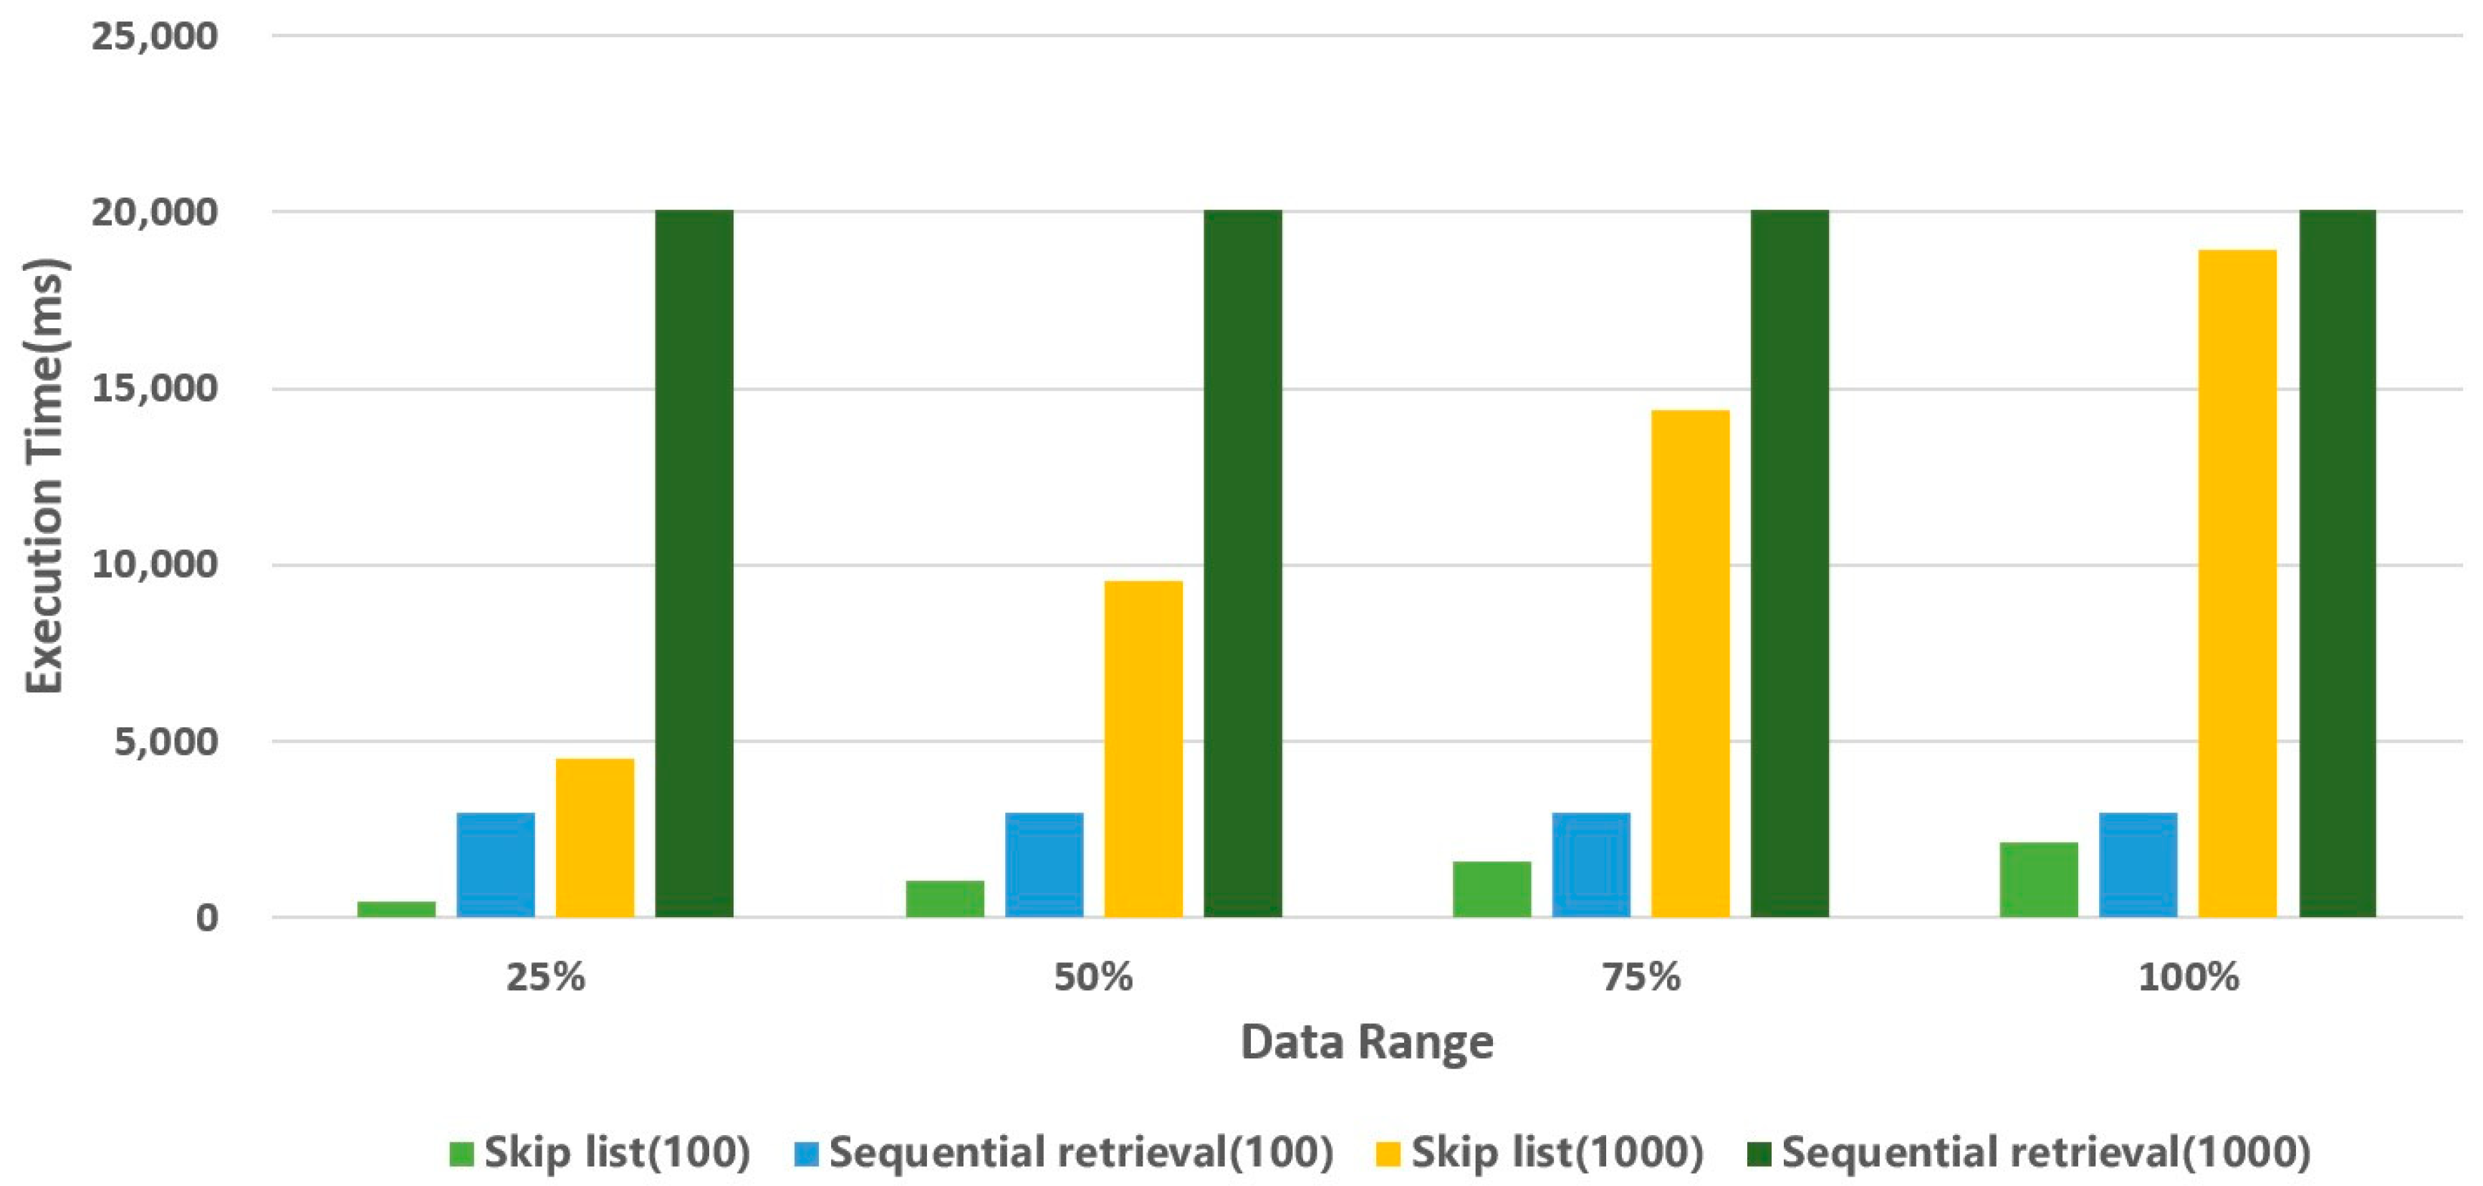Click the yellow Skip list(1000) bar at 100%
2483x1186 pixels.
click(x=2237, y=583)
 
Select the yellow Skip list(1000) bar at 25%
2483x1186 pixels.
click(x=595, y=837)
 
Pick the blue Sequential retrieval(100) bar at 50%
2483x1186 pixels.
click(x=1044, y=864)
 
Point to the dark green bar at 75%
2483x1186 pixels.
click(x=1789, y=563)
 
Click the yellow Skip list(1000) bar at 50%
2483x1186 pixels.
click(x=1143, y=748)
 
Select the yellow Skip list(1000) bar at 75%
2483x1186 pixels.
click(x=1690, y=664)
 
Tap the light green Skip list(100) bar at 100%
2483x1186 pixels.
click(x=2039, y=879)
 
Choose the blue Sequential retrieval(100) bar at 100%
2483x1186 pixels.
click(x=2138, y=864)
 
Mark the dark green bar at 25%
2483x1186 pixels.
click(x=694, y=563)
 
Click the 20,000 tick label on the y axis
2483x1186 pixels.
click(x=154, y=212)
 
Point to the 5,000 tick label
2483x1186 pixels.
click(x=165, y=742)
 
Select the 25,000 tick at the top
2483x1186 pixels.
click(x=154, y=37)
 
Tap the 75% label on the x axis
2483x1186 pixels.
click(x=1641, y=977)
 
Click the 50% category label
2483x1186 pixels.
click(x=1093, y=977)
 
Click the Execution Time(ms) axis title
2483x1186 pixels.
click(x=44, y=475)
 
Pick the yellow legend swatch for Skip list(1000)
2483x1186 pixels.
click(x=1388, y=1153)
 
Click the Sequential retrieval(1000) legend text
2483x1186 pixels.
click(x=2046, y=1153)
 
